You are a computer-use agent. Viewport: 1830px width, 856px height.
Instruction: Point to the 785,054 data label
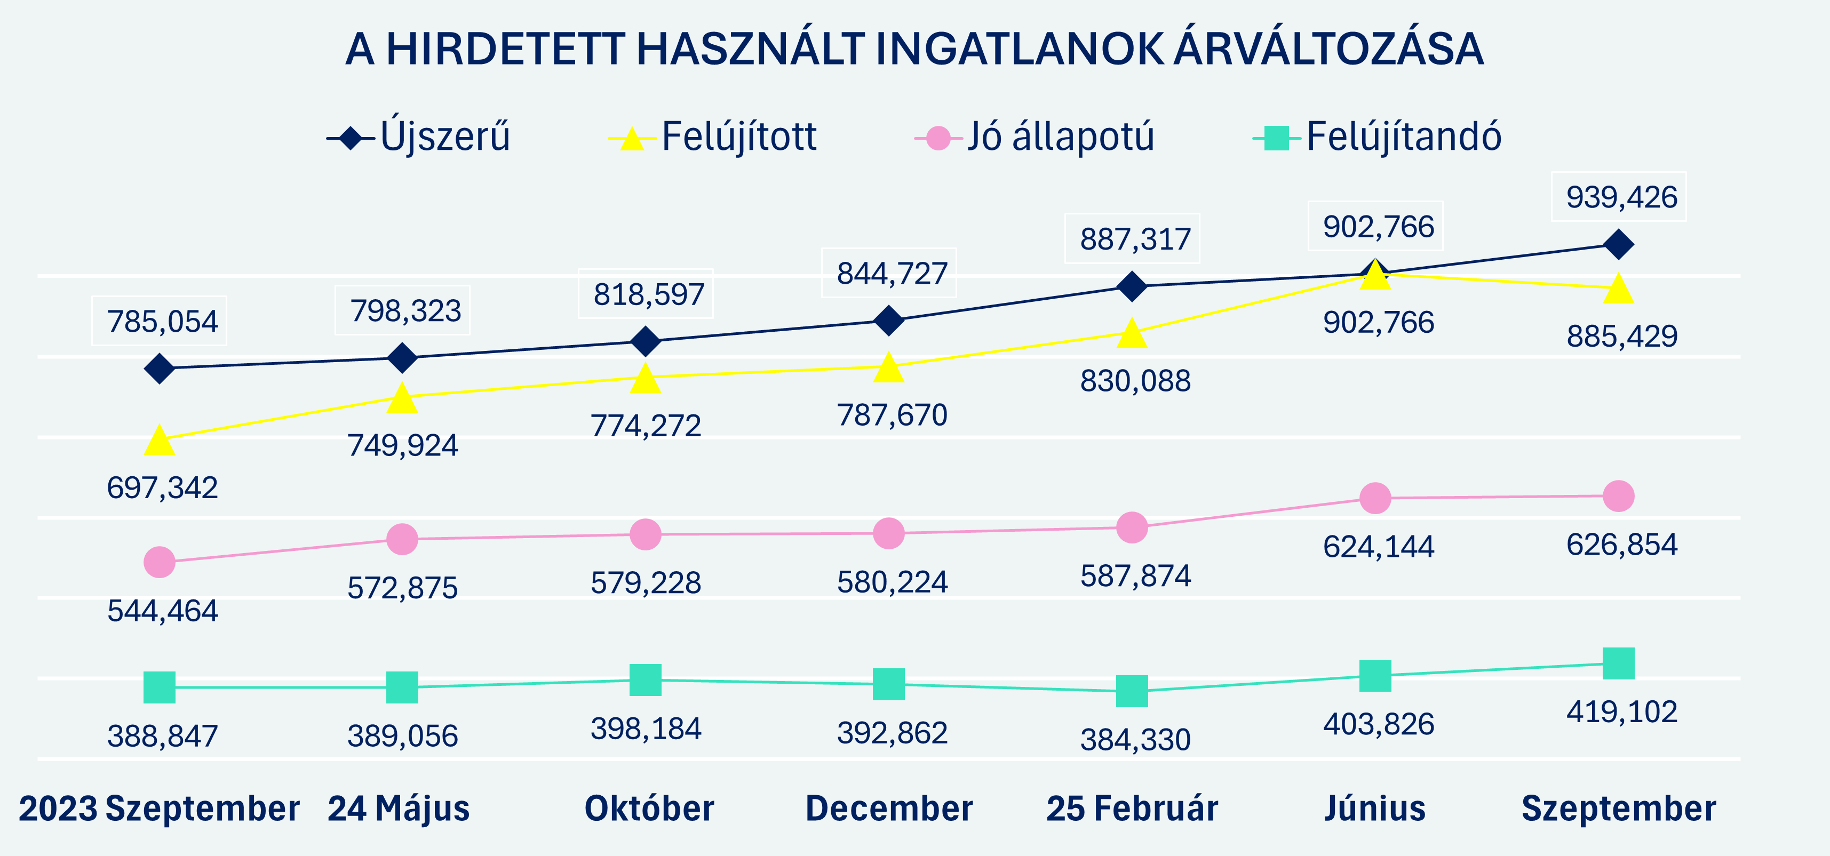162,322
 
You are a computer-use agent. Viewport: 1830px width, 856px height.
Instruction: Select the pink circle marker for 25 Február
1132,527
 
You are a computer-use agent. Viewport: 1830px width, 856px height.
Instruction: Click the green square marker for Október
645,680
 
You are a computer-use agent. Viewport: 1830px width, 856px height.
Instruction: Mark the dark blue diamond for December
888,321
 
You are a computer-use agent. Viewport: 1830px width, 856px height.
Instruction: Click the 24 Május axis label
399,809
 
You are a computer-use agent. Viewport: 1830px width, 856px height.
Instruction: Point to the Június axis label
1374,809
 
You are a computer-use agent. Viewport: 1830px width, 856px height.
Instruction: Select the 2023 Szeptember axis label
159,809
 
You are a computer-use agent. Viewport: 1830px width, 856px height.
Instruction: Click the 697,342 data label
162,488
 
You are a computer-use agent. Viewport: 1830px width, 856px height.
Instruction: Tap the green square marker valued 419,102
1618,663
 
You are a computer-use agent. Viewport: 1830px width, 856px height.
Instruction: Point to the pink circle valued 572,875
402,539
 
